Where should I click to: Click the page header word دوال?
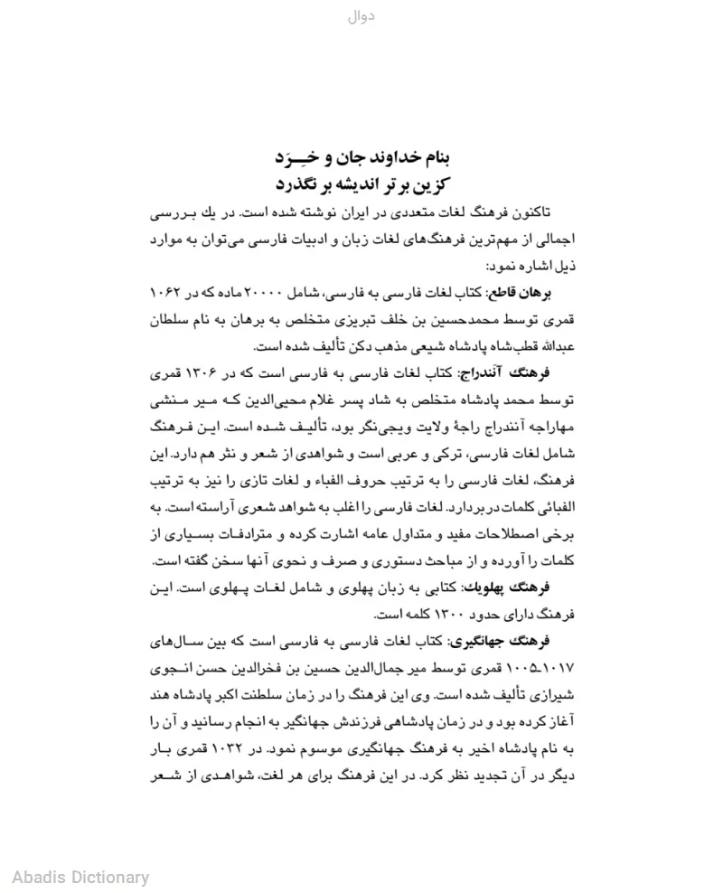361,16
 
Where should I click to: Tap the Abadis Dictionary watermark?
80,876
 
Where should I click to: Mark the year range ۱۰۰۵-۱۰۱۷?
544,671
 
